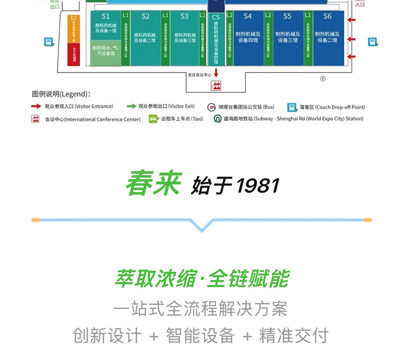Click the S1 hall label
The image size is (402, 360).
tap(105, 16)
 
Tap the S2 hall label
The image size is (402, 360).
tap(145, 16)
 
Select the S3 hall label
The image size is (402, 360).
tap(184, 16)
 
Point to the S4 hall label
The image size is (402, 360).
tap(248, 16)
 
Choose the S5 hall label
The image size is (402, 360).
tap(288, 16)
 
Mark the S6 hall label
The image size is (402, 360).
tap(327, 16)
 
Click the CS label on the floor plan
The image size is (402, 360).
tap(216, 17)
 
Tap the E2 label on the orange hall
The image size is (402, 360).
tap(73, 18)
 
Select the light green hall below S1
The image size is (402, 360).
tap(105, 52)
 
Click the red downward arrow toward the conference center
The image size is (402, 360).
tap(216, 73)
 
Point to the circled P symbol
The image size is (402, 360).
tap(323, 78)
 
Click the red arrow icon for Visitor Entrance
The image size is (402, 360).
tap(36, 106)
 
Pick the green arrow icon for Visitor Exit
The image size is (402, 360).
tap(131, 106)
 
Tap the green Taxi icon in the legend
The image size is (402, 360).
tap(153, 119)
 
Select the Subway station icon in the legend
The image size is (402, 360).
tap(217, 119)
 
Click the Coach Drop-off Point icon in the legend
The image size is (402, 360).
tap(292, 107)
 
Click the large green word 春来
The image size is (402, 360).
tap(153, 183)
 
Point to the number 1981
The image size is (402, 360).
tap(258, 186)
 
